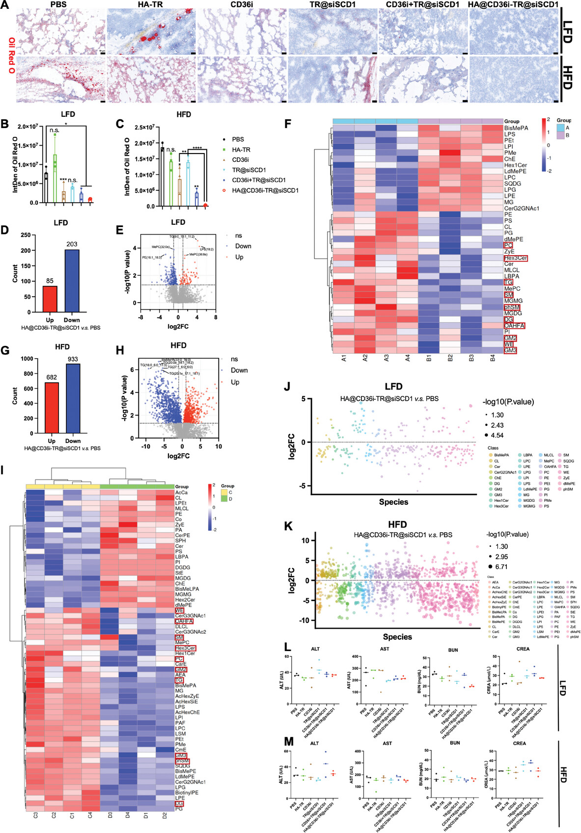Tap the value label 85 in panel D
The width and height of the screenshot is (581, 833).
point(50,281)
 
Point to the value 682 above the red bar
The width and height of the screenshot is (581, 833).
point(52,377)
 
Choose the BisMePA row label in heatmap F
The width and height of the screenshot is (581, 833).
point(516,128)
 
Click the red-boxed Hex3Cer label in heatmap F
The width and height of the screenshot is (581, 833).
point(515,258)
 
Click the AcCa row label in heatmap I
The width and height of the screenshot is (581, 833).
point(181,493)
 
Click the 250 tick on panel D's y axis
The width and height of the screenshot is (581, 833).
point(26,235)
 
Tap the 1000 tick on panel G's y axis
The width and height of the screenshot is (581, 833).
point(27,359)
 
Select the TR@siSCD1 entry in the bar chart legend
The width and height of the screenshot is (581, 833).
point(249,170)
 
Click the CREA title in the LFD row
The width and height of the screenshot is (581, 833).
point(523,649)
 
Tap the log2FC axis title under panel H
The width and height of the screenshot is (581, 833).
point(178,456)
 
